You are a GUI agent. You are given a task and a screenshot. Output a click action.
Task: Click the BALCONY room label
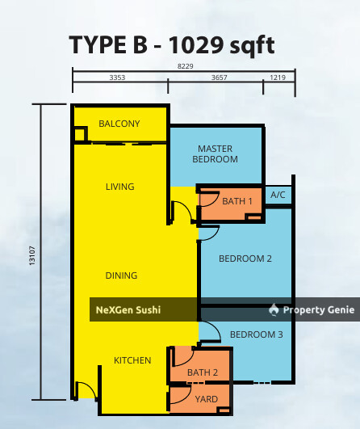click(119, 124)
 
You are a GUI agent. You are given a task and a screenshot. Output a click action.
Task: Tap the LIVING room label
click(119, 187)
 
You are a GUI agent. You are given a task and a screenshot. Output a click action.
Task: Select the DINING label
click(121, 275)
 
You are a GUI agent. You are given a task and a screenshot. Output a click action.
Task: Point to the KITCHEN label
click(132, 360)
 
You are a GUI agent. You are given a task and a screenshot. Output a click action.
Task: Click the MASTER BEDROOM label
click(215, 154)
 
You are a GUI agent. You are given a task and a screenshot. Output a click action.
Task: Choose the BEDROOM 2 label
click(245, 259)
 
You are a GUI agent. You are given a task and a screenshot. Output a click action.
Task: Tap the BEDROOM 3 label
click(257, 334)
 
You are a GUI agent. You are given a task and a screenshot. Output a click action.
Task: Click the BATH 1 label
click(237, 200)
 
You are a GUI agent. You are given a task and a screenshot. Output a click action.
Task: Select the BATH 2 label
click(203, 372)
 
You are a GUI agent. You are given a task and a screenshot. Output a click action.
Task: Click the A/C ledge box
click(278, 195)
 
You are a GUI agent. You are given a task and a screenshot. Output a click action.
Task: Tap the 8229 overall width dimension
click(185, 69)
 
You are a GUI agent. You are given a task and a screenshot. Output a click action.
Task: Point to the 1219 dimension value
click(278, 78)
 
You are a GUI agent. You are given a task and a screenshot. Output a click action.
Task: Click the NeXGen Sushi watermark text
click(128, 309)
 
